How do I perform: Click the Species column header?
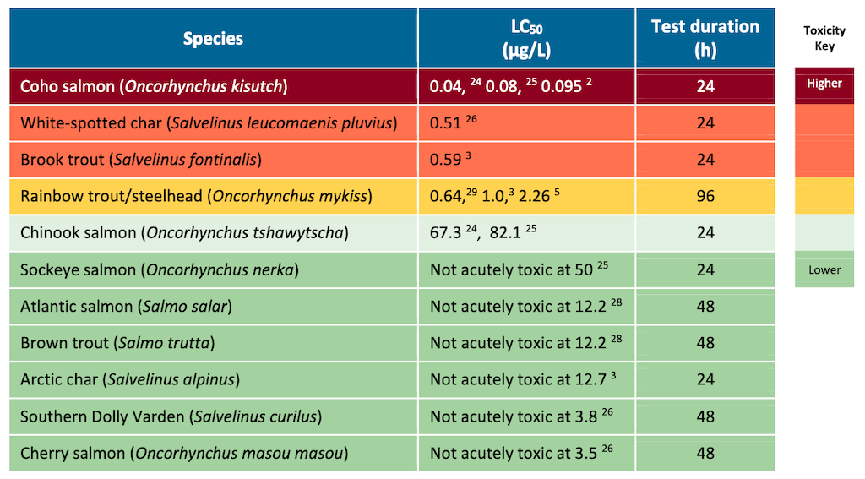213,39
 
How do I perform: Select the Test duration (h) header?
705,38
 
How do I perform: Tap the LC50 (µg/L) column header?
525,38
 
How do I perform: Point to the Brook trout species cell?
141,160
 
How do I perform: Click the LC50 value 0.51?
445,123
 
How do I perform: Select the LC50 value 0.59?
445,160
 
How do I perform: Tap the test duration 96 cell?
705,196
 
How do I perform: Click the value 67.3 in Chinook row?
445,233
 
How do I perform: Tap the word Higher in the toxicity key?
824,84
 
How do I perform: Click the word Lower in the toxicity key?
824,270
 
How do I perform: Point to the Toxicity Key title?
824,38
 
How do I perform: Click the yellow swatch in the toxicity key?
824,196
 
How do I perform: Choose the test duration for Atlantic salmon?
705,307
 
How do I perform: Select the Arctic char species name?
130,380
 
